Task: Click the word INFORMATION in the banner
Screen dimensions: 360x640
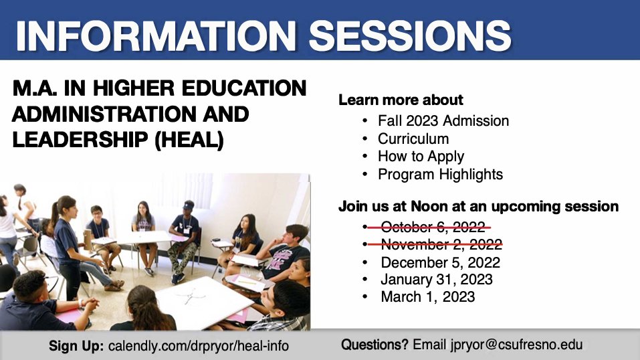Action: pos(156,33)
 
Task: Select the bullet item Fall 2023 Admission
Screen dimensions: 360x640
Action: pos(443,121)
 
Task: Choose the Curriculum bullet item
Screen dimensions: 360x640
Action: pos(413,139)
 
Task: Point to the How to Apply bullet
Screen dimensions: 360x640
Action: pos(421,157)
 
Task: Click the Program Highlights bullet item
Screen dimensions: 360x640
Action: pos(440,175)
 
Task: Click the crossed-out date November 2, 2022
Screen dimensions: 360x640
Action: pos(440,245)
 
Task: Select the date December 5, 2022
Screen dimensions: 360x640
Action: pos(440,262)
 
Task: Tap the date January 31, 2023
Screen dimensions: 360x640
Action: pos(437,279)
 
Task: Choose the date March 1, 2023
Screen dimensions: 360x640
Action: pos(427,296)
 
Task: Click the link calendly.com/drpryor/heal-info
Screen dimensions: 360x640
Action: pos(199,347)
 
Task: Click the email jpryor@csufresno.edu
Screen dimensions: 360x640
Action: pos(498,345)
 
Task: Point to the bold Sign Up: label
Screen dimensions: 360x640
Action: pos(76,347)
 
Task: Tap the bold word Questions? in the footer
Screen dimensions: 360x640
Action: pos(375,345)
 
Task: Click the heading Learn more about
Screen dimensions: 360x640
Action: pos(401,100)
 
